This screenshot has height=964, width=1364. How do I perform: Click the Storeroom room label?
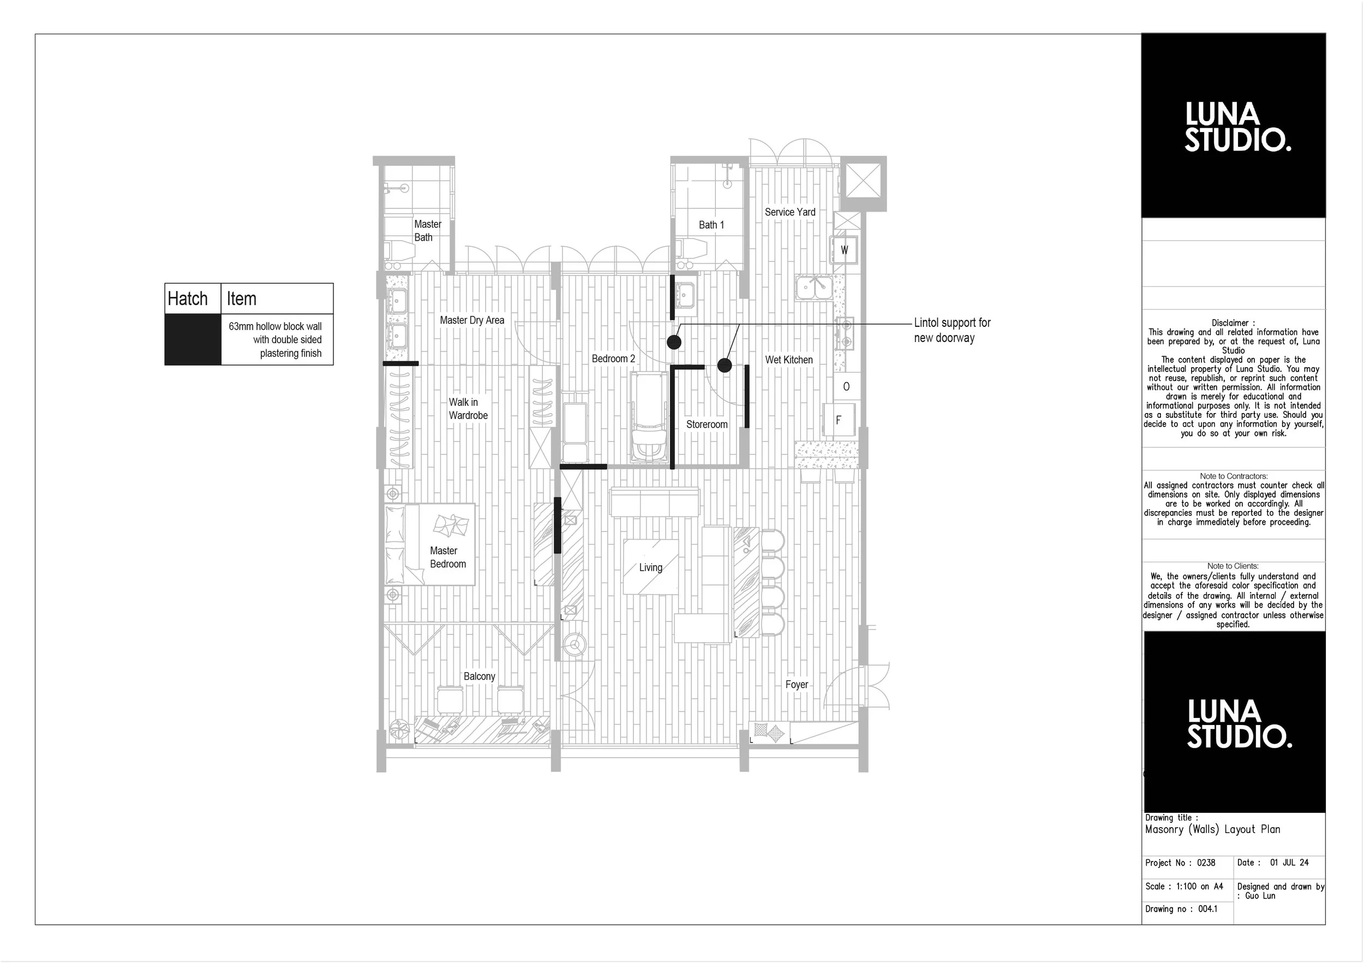(707, 424)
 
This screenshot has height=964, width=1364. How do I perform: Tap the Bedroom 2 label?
(613, 359)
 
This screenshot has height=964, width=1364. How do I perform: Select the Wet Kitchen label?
(788, 360)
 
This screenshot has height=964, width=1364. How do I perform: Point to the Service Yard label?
(789, 212)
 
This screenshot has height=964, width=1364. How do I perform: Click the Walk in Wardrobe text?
(468, 409)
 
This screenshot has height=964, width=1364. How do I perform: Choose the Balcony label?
(479, 676)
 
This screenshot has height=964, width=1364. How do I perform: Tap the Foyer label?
(796, 684)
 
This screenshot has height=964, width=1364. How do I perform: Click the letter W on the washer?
(844, 250)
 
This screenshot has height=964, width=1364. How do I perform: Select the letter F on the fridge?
(838, 421)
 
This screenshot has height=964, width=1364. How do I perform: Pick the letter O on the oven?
(846, 387)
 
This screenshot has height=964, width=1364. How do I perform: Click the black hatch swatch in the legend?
(193, 339)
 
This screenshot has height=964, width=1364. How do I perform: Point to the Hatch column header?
(188, 299)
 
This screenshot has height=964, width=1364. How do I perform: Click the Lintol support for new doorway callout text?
(952, 330)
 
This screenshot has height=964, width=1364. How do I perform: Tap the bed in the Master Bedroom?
(429, 544)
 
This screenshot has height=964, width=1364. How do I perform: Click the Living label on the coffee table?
(650, 567)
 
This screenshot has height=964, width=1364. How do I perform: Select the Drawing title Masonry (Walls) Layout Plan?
(1212, 829)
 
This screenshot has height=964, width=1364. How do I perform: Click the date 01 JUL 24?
(1289, 863)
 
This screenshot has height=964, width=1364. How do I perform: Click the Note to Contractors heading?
(1233, 476)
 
